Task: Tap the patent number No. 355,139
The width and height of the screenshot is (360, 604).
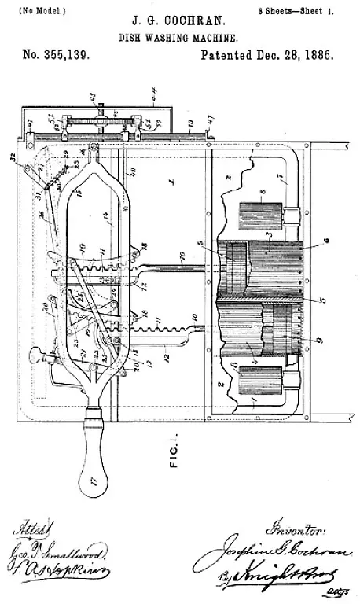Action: click(56, 57)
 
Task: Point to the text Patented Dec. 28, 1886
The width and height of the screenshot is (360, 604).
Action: click(267, 57)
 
